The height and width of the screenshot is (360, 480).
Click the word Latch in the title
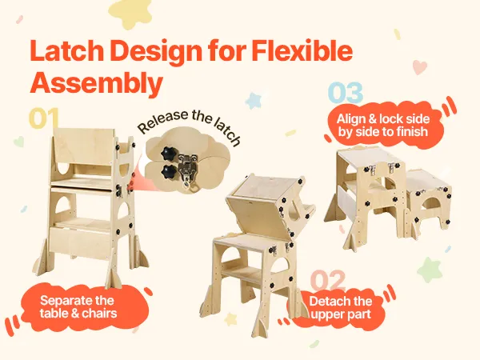pyautogui.click(x=67, y=50)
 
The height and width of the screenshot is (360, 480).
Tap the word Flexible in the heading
pyautogui.click(x=302, y=50)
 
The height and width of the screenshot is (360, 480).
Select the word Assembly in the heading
pyautogui.click(x=96, y=82)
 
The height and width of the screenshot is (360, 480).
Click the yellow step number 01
pyautogui.click(x=43, y=118)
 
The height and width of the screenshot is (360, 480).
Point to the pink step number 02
pyautogui.click(x=328, y=281)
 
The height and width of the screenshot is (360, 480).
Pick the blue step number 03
pyautogui.click(x=346, y=93)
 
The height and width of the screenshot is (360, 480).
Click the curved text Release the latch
pyautogui.click(x=189, y=126)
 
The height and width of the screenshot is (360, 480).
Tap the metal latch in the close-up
pyautogui.click(x=188, y=171)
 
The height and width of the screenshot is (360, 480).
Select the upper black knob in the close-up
pyautogui.click(x=168, y=153)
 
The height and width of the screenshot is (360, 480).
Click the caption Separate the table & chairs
pyautogui.click(x=78, y=306)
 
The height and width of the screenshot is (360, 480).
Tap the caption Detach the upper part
pyautogui.click(x=341, y=308)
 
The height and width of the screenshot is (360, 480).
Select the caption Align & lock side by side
pyautogui.click(x=383, y=126)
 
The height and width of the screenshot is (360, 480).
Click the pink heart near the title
pyautogui.click(x=419, y=67)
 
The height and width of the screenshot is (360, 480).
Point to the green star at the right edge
pyautogui.click(x=429, y=270)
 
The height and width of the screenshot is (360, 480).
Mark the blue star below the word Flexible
pyautogui.click(x=254, y=101)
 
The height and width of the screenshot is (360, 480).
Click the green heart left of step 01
pyautogui.click(x=19, y=142)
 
